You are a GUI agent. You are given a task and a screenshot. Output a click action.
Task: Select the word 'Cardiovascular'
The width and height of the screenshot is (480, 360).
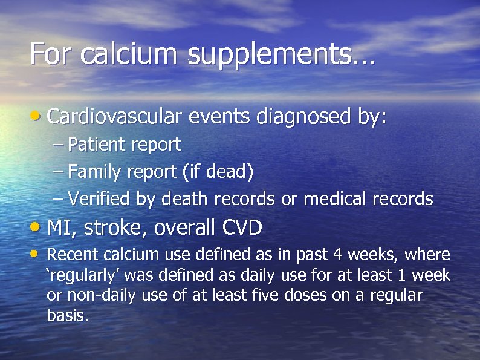click(x=114, y=116)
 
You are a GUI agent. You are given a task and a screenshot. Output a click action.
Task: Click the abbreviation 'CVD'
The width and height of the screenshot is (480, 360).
click(x=242, y=227)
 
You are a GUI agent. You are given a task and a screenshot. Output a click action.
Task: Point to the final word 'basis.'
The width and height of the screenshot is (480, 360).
click(x=68, y=315)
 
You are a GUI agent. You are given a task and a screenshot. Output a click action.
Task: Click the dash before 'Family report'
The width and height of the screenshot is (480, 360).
click(x=58, y=172)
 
